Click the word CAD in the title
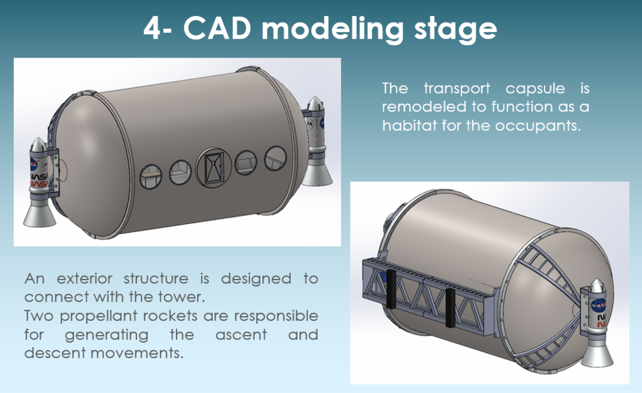coord(217,29)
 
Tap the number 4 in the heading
coord(153,29)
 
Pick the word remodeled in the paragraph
coord(422,107)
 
